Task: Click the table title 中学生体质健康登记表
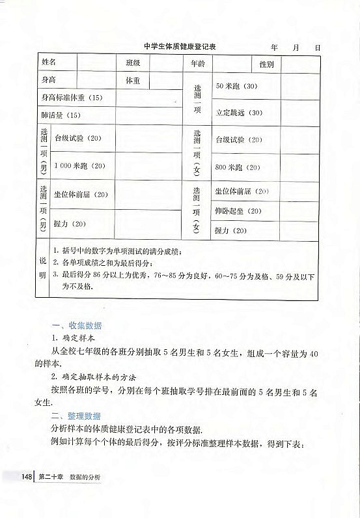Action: click(x=180, y=48)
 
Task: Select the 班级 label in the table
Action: click(x=133, y=64)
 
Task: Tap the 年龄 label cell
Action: click(x=198, y=64)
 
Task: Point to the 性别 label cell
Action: click(x=266, y=65)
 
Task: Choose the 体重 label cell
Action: click(x=133, y=81)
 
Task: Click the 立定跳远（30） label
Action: click(x=239, y=112)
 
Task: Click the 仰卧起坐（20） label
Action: click(x=238, y=211)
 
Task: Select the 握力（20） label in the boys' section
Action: click(x=70, y=223)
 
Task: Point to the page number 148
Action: click(x=27, y=478)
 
